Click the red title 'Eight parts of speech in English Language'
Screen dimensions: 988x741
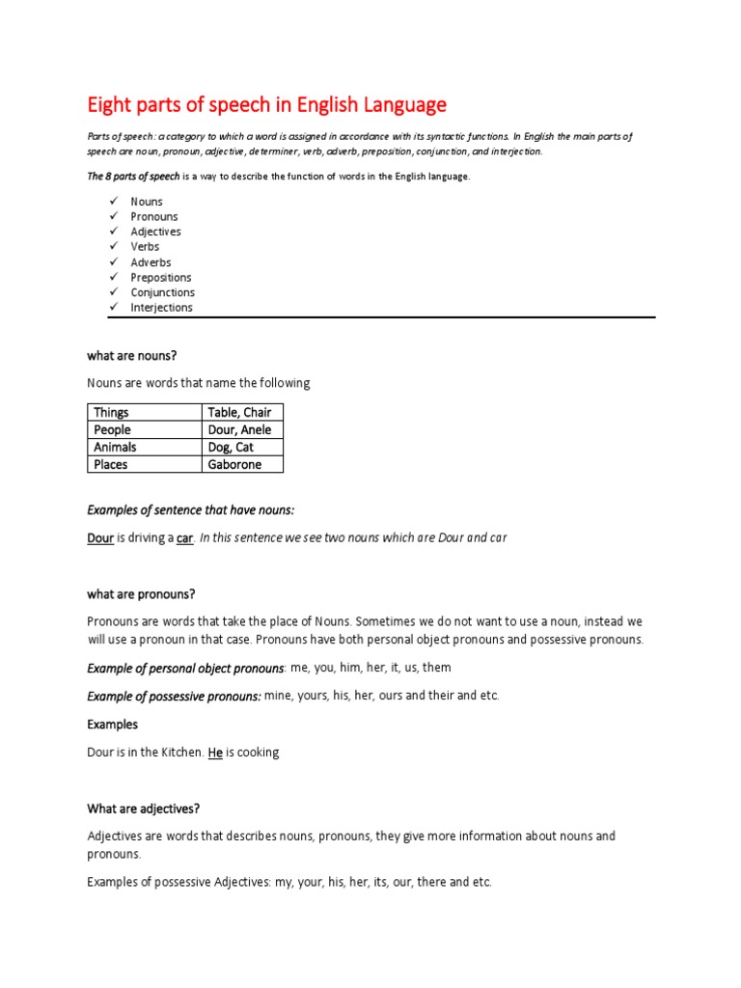coord(266,104)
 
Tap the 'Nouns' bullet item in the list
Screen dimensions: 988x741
coord(147,202)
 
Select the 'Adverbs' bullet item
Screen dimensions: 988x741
coord(151,262)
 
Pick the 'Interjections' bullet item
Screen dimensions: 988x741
coord(161,308)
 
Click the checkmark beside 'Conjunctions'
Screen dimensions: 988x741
coord(112,292)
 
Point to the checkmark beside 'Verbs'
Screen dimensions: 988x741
coord(112,246)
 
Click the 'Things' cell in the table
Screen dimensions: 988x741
coord(111,413)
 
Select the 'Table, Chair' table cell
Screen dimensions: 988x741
coord(239,413)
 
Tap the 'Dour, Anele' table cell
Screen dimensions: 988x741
coord(239,430)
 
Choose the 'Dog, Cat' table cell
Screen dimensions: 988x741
coord(231,448)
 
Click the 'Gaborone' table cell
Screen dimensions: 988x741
coord(234,465)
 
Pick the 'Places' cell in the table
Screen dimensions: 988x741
coord(111,465)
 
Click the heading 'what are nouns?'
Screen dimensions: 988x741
coord(132,356)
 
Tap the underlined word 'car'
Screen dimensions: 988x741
coord(185,538)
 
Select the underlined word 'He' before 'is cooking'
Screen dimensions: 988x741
coord(215,753)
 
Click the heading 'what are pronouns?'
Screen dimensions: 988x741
coord(141,594)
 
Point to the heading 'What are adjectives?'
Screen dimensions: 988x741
coord(143,810)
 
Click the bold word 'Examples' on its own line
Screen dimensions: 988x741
coord(113,725)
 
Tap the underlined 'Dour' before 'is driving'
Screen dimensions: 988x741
coord(100,538)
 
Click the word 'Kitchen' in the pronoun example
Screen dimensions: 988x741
coord(180,753)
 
